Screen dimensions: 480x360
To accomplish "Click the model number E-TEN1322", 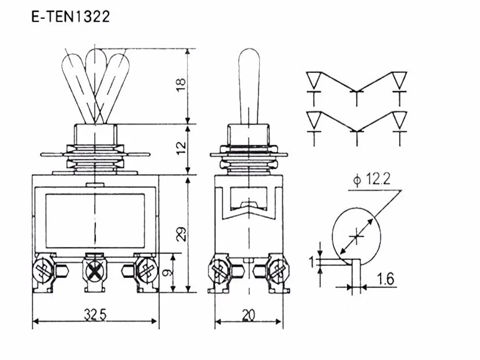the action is [x=71, y=16].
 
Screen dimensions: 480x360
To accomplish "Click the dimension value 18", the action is [x=181, y=84].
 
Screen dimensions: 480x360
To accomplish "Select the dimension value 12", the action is [x=181, y=148].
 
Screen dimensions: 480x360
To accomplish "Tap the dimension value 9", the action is [x=167, y=273].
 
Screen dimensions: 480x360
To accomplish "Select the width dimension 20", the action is [x=248, y=315].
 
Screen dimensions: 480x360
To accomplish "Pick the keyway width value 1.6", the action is [x=385, y=279].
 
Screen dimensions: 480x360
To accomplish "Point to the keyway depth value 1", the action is [x=312, y=262].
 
